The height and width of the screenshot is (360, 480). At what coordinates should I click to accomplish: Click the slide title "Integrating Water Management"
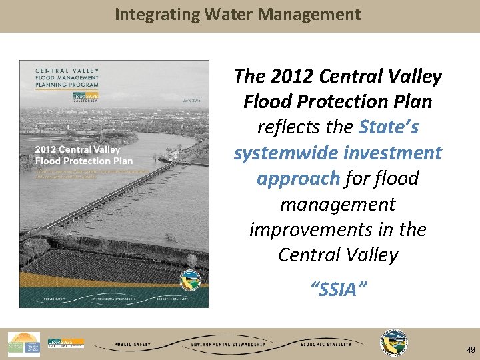(x=238, y=14)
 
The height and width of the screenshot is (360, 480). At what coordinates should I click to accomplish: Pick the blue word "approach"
(x=299, y=178)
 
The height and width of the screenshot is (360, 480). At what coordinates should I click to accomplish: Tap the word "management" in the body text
(x=338, y=203)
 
